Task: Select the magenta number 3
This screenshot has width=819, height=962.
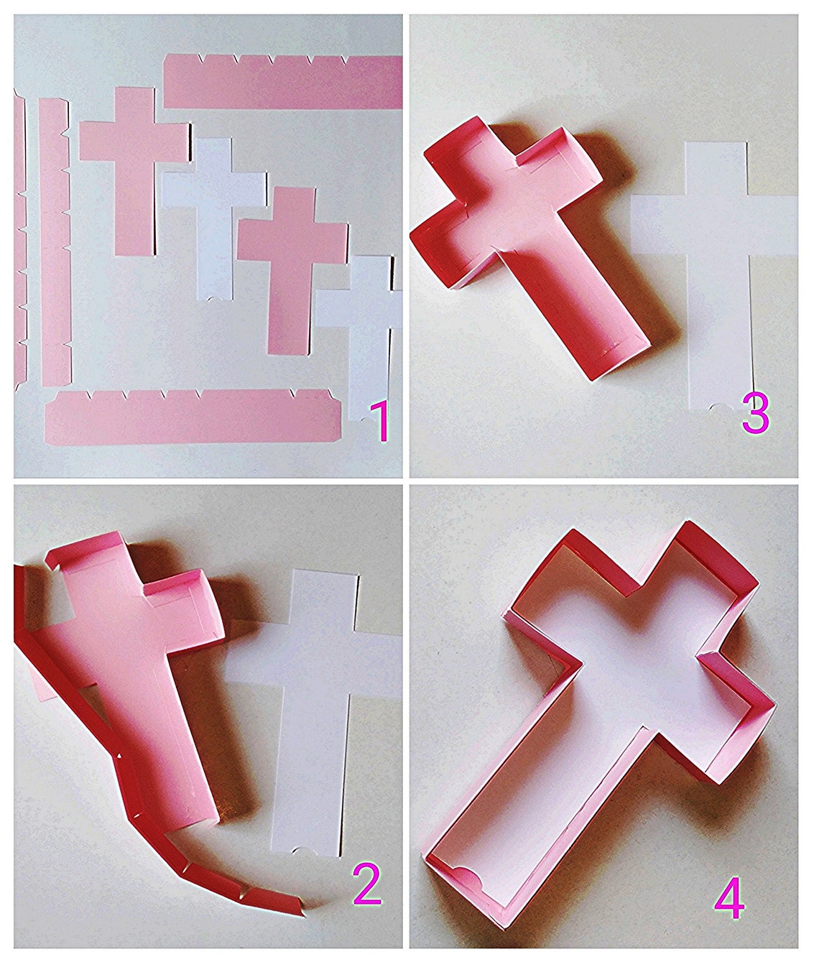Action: [x=755, y=415]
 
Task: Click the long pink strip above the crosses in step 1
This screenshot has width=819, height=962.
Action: [x=283, y=81]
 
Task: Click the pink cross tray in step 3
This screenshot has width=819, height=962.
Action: [x=526, y=242]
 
